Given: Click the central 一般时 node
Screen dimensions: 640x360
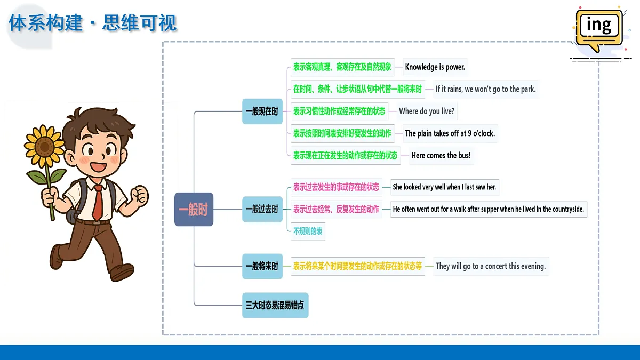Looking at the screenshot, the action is click(194, 210).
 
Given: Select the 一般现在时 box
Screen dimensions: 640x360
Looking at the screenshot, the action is click(262, 111).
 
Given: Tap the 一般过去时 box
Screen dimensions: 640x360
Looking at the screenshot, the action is click(262, 209).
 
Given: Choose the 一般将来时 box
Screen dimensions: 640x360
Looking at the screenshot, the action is click(262, 266).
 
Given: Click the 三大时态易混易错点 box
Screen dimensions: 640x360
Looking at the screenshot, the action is click(275, 306).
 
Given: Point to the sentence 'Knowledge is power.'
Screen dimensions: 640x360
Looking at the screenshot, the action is click(435, 67).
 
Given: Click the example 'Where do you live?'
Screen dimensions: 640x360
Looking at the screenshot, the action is click(427, 111).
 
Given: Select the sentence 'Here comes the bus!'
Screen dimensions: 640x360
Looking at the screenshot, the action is click(441, 156).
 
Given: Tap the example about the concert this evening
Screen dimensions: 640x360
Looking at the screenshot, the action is click(491, 266).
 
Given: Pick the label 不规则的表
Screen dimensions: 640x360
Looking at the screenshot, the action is click(308, 231).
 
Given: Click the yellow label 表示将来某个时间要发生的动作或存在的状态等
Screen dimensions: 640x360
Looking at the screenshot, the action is click(357, 266).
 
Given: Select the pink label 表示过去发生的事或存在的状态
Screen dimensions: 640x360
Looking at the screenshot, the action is click(336, 187).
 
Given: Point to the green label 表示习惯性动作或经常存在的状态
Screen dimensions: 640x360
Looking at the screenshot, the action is click(339, 111).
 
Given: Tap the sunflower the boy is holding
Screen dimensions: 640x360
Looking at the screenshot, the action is click(44, 147).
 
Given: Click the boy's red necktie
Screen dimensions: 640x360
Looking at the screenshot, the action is click(98, 202).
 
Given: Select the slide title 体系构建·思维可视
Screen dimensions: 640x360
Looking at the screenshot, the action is click(93, 23).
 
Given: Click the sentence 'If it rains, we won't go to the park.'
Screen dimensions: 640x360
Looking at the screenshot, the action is click(485, 90).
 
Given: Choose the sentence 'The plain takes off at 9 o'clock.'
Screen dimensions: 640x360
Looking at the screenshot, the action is click(450, 133).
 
